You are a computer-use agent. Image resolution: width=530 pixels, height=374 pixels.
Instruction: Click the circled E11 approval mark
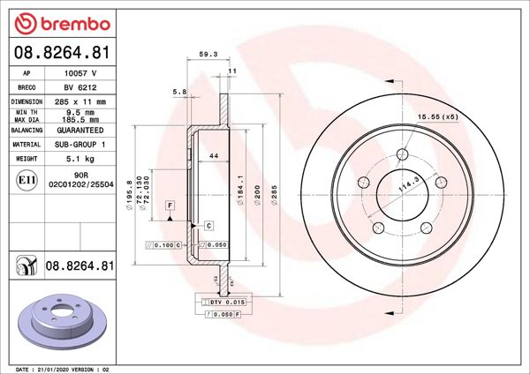click(26, 181)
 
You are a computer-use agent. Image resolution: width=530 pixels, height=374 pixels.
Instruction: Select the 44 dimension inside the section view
click(213, 155)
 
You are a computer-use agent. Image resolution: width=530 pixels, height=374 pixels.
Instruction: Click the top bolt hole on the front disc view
click(402, 155)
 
